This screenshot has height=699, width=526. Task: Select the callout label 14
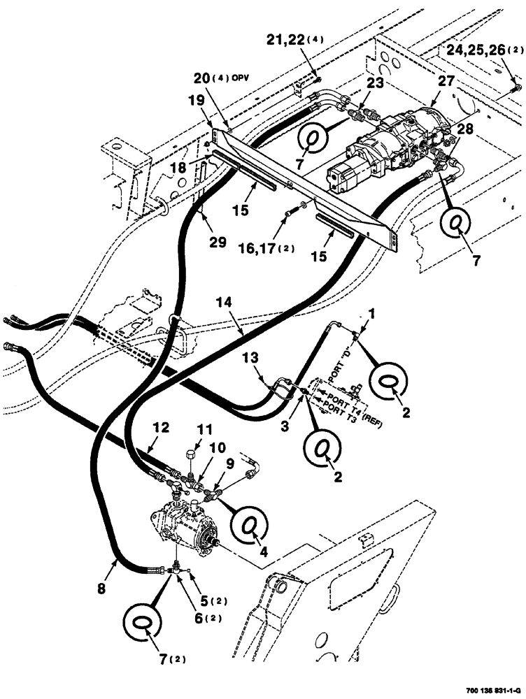click(223, 304)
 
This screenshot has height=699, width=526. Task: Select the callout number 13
click(254, 359)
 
